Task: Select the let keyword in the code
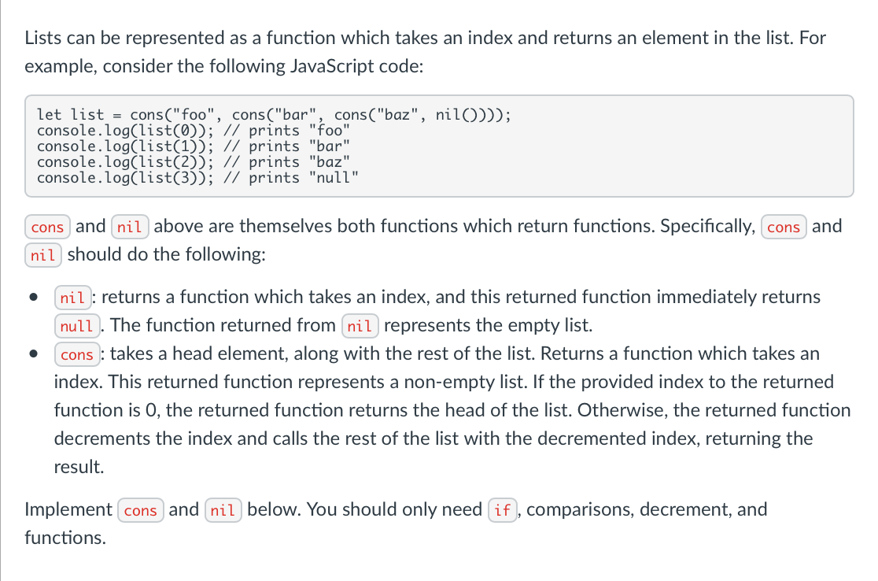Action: point(50,115)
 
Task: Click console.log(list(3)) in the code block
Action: point(123,177)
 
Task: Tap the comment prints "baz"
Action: point(300,161)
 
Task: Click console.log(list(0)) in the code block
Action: point(123,131)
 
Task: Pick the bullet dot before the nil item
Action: point(33,298)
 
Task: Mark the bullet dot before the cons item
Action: point(33,355)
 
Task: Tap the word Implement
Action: point(68,509)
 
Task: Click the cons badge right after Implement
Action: point(141,510)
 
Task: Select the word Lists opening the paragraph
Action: point(42,37)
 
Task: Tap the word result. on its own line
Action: point(79,467)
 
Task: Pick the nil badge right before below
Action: point(223,510)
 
